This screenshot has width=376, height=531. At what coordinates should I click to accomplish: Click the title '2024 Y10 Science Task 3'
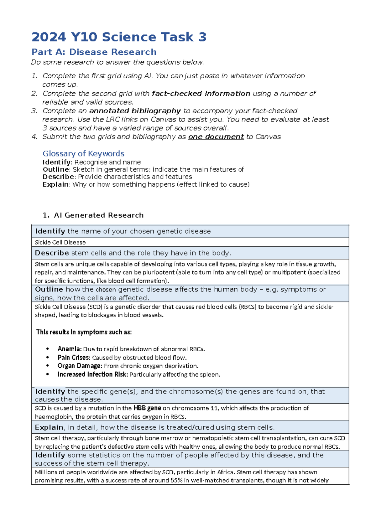(x=119, y=37)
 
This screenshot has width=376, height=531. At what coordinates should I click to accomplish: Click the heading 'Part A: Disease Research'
(x=94, y=52)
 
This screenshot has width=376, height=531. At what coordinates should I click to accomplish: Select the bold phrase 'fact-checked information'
(x=201, y=94)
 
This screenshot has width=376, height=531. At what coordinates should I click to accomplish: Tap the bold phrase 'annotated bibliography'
(x=135, y=111)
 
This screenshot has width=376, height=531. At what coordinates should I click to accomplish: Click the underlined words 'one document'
(x=216, y=137)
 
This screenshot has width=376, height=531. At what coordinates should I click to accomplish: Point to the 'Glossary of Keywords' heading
(x=83, y=154)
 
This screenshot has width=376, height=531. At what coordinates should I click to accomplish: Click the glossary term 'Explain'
(x=55, y=184)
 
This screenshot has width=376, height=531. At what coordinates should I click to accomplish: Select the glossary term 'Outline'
(x=55, y=169)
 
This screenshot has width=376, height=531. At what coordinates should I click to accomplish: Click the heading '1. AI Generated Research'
(x=93, y=215)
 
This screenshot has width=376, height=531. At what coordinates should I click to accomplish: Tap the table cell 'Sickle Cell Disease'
(x=60, y=242)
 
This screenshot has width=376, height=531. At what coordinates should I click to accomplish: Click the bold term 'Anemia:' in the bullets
(x=70, y=349)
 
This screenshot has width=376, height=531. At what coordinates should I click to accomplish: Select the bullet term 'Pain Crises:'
(x=74, y=358)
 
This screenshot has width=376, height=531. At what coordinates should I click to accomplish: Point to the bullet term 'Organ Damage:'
(x=80, y=366)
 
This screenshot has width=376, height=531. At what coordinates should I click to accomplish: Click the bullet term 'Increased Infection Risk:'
(x=93, y=374)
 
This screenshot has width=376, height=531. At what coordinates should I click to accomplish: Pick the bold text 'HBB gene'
(x=147, y=408)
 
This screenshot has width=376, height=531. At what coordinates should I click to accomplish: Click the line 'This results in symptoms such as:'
(x=84, y=332)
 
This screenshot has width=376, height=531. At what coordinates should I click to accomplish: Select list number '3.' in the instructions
(x=34, y=111)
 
